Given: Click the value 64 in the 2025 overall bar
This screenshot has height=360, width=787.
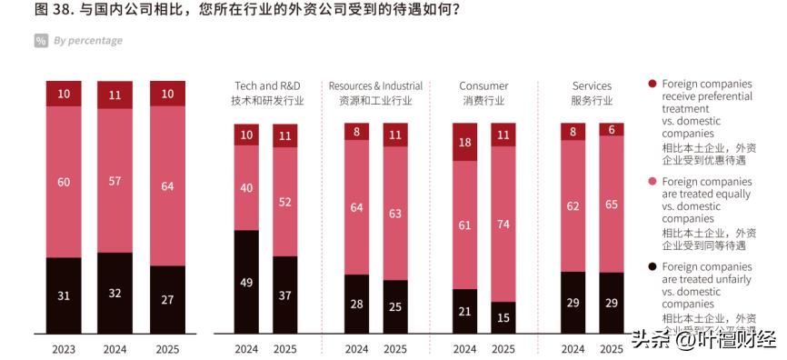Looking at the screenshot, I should (x=167, y=186).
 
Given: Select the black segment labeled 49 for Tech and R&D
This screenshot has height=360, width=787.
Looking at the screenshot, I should (x=246, y=282).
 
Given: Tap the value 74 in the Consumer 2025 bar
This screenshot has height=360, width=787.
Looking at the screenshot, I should (x=503, y=223).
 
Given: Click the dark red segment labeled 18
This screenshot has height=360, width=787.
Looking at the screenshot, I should (x=465, y=142).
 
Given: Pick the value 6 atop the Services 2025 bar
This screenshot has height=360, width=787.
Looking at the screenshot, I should (x=612, y=130).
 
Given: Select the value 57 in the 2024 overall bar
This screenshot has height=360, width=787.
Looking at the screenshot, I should (x=115, y=181).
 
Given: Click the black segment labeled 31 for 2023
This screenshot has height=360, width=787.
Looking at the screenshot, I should (x=64, y=295).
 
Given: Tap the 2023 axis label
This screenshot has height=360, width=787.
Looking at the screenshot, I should (x=64, y=348).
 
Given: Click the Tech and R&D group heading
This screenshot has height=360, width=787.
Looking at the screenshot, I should (x=267, y=93).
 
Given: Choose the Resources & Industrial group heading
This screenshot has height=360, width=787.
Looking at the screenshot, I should (x=375, y=93).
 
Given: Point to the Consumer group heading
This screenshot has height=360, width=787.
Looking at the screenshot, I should (x=483, y=93).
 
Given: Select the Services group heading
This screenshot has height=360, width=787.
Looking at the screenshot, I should (x=592, y=93).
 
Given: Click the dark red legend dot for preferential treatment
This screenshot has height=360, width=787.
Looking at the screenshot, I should (x=652, y=84).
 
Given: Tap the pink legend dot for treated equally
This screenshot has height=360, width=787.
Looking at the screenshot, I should (x=652, y=181).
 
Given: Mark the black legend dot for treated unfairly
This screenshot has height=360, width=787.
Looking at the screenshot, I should (x=652, y=267).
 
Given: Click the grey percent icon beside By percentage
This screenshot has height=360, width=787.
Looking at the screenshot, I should (x=41, y=41).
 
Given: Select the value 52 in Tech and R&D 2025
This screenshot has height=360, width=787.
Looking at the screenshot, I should (x=285, y=202).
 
